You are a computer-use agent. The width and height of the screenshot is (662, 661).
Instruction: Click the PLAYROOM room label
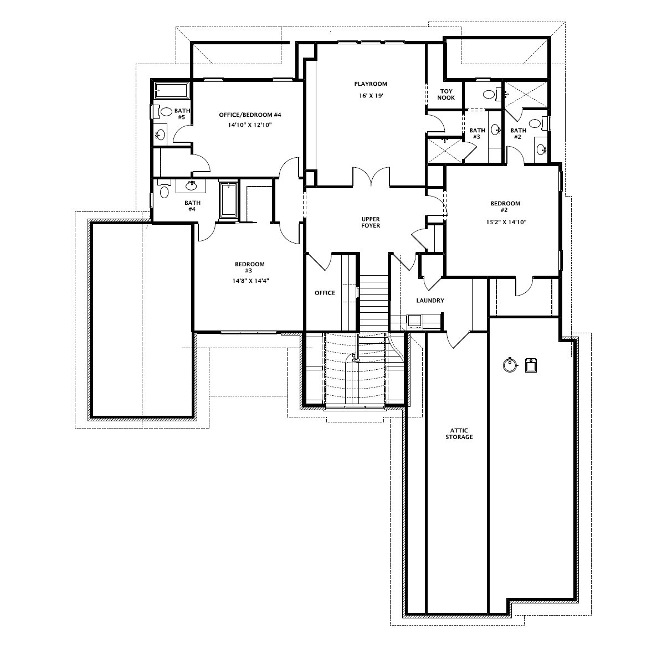[x=370, y=84]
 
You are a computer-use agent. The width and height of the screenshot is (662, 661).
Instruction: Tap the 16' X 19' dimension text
[x=371, y=96]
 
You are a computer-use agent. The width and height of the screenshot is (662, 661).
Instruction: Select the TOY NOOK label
[x=447, y=95]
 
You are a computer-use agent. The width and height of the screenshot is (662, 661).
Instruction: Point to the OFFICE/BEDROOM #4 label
[x=250, y=115]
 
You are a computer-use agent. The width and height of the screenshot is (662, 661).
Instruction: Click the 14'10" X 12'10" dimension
[x=249, y=125]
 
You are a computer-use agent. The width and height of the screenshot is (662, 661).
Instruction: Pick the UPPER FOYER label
[x=370, y=223]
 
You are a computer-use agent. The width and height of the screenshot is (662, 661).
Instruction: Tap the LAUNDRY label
[x=430, y=301]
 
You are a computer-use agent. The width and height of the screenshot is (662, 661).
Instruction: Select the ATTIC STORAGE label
[x=459, y=433]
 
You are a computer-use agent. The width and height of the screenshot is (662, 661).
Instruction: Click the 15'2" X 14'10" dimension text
[x=505, y=223]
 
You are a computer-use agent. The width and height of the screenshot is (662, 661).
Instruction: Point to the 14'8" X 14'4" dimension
[x=251, y=280]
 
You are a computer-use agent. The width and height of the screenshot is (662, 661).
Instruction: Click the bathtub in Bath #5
[x=171, y=90]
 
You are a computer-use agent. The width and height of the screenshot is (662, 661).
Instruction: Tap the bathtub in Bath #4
[x=228, y=200]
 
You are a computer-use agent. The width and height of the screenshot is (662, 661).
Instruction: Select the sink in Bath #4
[x=192, y=185]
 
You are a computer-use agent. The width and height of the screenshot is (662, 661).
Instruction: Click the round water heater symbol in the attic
[x=510, y=365]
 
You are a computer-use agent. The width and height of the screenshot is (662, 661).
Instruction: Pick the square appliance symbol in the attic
[x=531, y=365]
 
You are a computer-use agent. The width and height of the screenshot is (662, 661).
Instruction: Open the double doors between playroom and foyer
[x=371, y=177]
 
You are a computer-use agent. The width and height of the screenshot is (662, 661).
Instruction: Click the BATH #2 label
[x=518, y=134]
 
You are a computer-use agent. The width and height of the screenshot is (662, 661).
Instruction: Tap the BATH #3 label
[x=477, y=134]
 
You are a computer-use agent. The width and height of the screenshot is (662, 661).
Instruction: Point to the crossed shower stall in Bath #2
[x=526, y=94]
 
